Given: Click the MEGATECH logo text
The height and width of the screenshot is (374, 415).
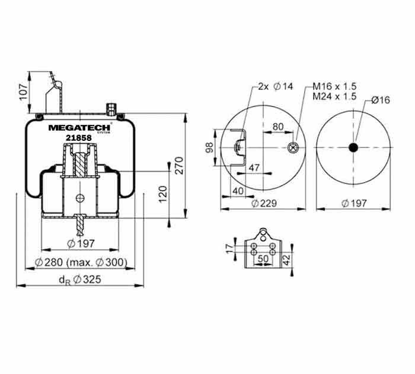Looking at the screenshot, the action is coord(79,128).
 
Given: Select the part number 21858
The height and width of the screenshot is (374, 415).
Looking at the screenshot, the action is coord(79,138).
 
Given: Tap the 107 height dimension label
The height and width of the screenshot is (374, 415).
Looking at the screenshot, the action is coord(24,92).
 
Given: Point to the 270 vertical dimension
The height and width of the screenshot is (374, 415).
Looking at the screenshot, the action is coord(180,165).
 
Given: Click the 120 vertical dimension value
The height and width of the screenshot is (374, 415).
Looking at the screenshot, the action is coord(163,194).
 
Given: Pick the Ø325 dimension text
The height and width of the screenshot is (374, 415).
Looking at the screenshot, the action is coord(80,280).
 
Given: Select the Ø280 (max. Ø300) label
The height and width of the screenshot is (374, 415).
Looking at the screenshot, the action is coord(81,262).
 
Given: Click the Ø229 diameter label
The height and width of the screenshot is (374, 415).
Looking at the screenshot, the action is coord(264,204).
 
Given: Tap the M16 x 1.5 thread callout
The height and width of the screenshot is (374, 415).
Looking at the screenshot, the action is coord(334,86).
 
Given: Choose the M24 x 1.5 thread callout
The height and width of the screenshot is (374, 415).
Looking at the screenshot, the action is coord(334,96).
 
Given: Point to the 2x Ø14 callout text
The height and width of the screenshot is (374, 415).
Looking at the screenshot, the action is coord(276,86).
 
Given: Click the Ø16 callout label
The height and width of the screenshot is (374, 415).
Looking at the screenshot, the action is coord(381,100).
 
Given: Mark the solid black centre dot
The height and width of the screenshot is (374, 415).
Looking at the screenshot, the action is coord(353,147).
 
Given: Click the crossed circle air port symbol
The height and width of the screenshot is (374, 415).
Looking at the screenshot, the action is coord(293,147).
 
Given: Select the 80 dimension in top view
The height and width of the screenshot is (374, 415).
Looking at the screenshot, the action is coord(278,127).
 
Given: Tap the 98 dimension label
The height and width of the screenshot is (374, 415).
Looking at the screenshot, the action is coord(209,147).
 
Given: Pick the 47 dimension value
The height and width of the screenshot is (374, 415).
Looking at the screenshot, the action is coord(254,167).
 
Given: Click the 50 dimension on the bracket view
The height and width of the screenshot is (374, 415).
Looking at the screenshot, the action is coord(263,259).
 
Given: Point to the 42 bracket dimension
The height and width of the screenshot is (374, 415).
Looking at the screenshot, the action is coord(286,260).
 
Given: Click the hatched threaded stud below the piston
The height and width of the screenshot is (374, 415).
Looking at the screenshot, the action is coord(80,225).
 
